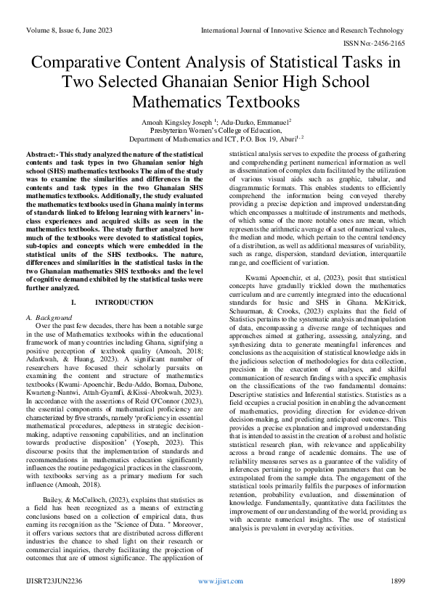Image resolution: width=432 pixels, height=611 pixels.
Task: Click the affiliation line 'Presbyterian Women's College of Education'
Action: (216, 131)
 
